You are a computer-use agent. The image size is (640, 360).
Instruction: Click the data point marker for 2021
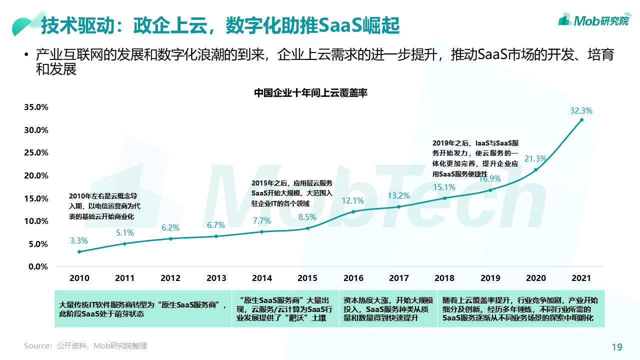pyautogui.click(x=581, y=120)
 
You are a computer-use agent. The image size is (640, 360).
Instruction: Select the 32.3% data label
pyautogui.click(x=581, y=110)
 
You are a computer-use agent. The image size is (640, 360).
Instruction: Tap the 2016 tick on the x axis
pyautogui.click(x=353, y=278)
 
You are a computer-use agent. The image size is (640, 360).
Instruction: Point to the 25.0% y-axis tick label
pyautogui.click(x=34, y=152)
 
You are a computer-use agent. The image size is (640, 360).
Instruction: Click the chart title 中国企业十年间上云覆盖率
pyautogui.click(x=310, y=93)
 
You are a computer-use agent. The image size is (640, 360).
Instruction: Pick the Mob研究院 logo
pyautogui.click(x=593, y=20)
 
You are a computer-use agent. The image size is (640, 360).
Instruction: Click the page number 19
pyautogui.click(x=617, y=347)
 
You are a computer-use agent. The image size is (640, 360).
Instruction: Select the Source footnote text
pyautogui.click(x=85, y=346)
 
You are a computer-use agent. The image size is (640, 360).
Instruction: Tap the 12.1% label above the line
pyautogui.click(x=353, y=201)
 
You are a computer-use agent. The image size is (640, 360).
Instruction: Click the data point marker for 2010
pyautogui.click(x=79, y=251)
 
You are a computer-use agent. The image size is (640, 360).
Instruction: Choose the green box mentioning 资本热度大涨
pyautogui.click(x=388, y=309)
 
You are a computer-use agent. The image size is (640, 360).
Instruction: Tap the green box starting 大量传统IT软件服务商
pyautogui.click(x=143, y=309)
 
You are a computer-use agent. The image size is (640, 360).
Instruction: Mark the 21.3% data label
pyautogui.click(x=535, y=159)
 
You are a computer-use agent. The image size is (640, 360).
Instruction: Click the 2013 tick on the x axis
pyautogui.click(x=216, y=278)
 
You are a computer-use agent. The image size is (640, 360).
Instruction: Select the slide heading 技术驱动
pyautogui.click(x=220, y=25)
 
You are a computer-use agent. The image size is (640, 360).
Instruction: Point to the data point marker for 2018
pyautogui.click(x=444, y=198)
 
